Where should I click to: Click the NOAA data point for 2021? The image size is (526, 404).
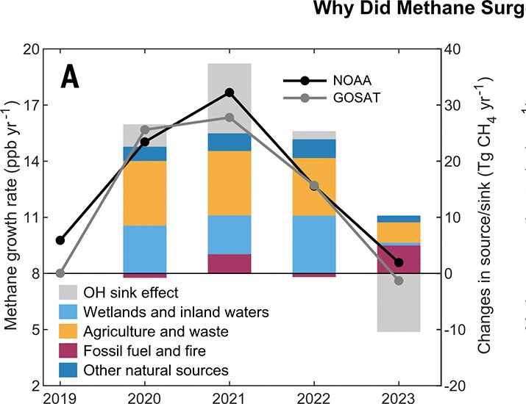(230, 93)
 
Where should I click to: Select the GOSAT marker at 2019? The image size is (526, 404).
(60, 273)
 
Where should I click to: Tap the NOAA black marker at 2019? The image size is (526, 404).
(60, 240)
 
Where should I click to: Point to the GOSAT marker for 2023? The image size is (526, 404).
(399, 281)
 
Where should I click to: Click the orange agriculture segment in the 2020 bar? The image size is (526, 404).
(145, 193)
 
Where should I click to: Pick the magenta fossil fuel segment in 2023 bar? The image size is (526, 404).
(399, 259)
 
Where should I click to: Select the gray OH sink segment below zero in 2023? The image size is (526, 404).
(399, 303)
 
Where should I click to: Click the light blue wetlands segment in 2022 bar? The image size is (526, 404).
(314, 245)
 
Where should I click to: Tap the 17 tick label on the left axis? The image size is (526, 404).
(30, 105)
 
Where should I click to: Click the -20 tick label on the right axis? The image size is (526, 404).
(452, 386)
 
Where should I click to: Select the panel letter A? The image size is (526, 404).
(70, 76)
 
